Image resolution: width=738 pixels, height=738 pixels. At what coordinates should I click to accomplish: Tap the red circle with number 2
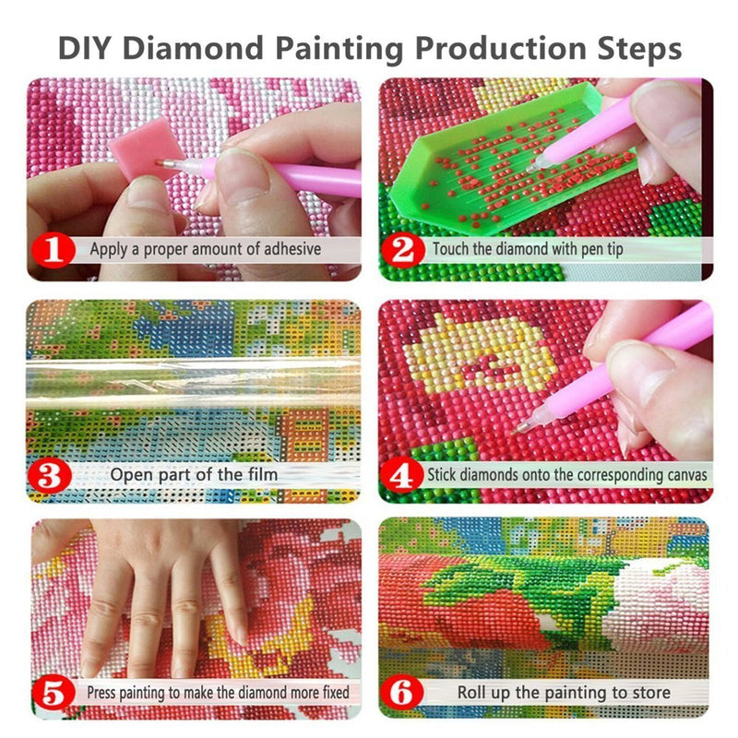(402, 249)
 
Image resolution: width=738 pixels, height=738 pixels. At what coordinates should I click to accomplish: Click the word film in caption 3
(261, 475)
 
